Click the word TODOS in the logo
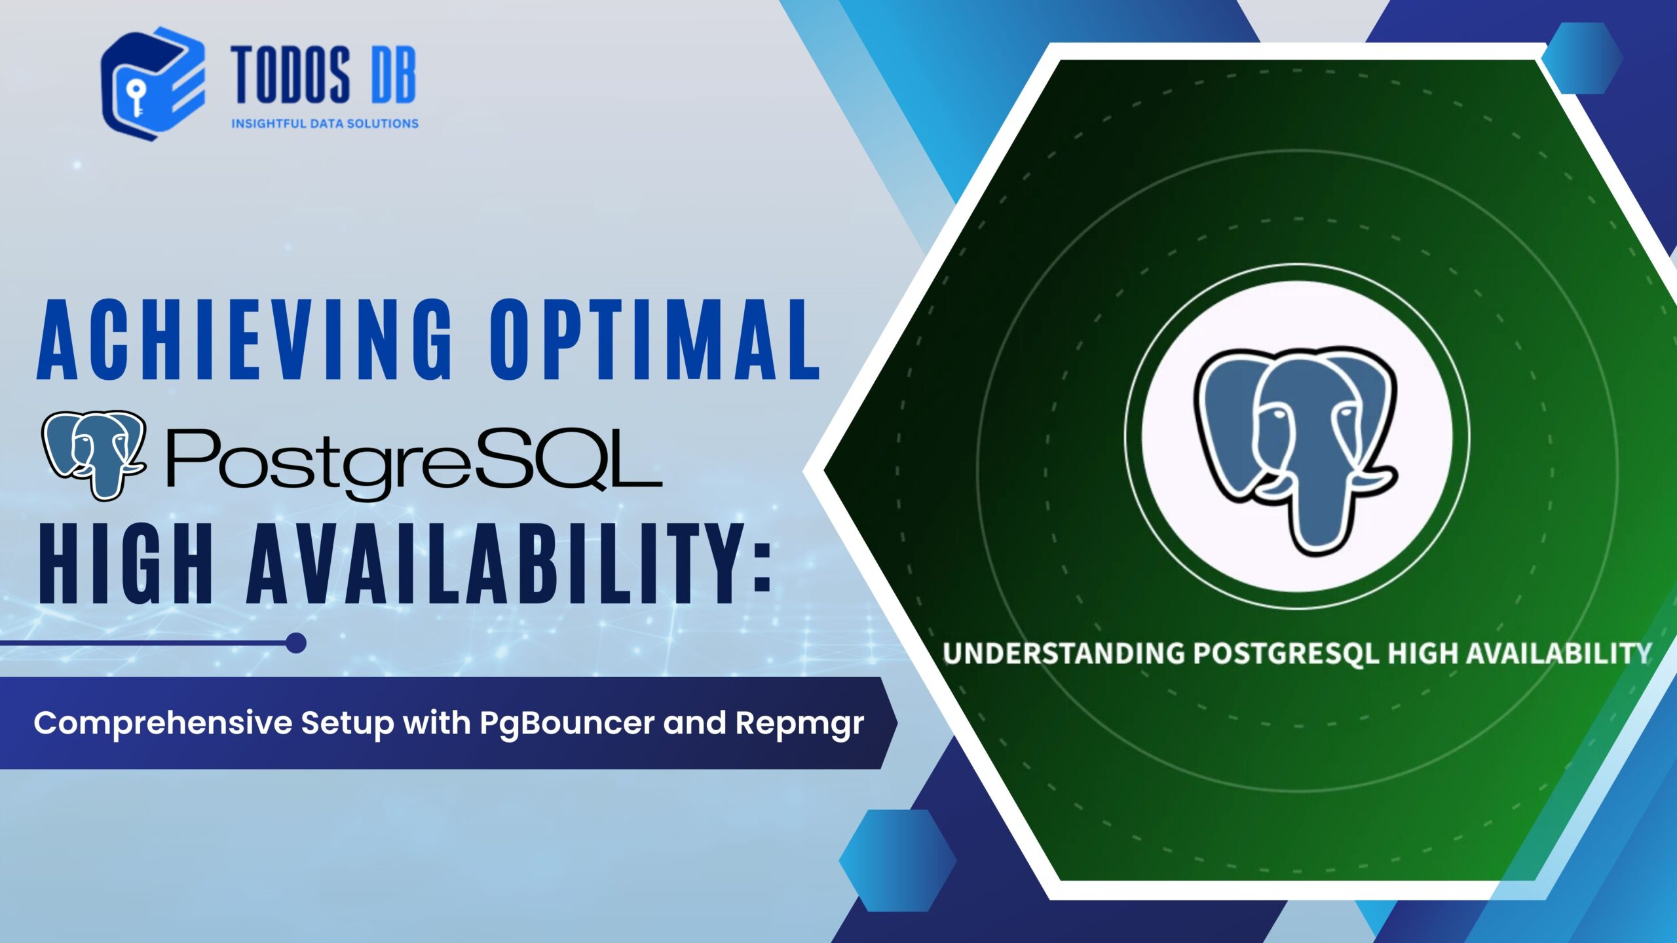pos(290,75)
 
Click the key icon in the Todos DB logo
pos(136,98)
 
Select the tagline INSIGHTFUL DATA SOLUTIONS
pos(325,123)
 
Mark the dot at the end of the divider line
pos(296,643)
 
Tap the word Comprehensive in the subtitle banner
pos(163,724)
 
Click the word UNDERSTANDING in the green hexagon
pos(1064,654)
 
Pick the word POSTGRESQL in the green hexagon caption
pos(1287,654)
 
